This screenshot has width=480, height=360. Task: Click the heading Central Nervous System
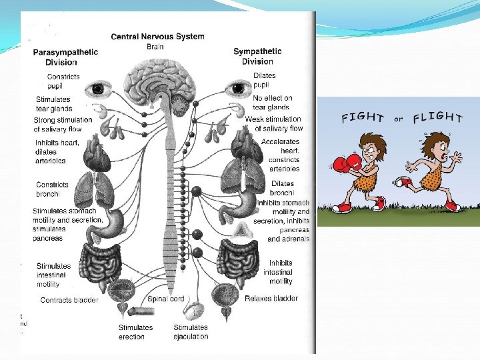click(157, 37)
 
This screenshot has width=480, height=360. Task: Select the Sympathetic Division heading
click(257, 57)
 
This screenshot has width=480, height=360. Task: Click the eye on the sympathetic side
click(236, 88)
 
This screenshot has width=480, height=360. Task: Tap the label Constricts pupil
click(63, 81)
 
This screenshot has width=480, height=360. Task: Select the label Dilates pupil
click(265, 81)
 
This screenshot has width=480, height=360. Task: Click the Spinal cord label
click(166, 299)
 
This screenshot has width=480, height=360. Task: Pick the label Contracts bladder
click(69, 300)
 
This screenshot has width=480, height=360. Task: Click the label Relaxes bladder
click(271, 298)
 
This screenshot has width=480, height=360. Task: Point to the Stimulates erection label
click(136, 332)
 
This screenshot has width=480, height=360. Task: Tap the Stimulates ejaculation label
click(191, 332)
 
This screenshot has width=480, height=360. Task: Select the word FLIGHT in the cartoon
click(437, 118)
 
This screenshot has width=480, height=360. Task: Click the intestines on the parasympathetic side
click(101, 262)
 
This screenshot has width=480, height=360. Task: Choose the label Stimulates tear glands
click(54, 104)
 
